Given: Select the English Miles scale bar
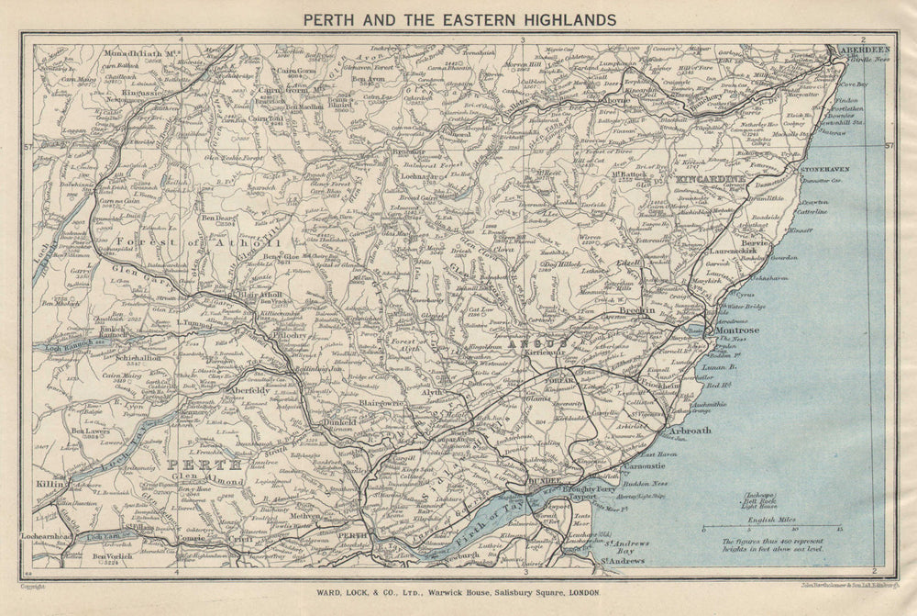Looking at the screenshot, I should (771, 529).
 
